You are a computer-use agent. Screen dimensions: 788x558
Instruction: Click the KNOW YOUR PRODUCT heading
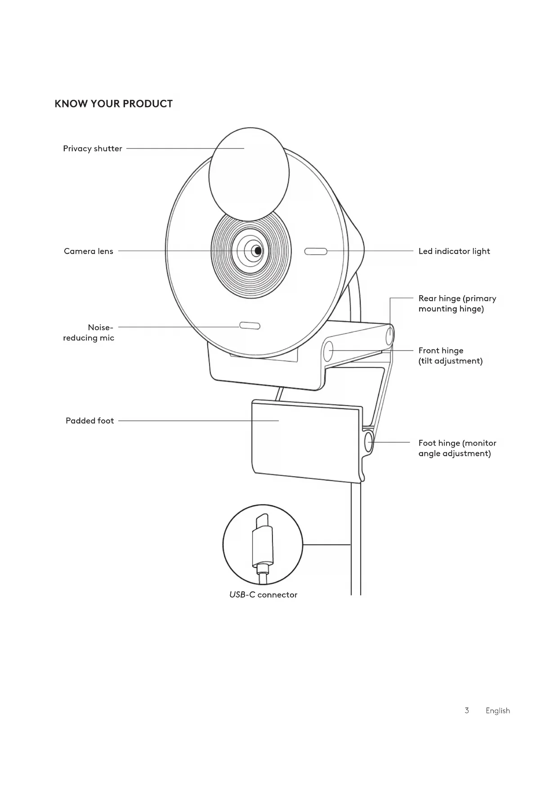point(113,104)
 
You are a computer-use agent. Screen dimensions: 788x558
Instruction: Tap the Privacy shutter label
point(92,149)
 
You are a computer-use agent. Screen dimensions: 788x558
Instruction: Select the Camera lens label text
point(88,251)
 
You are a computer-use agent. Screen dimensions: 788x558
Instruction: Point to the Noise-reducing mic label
point(89,332)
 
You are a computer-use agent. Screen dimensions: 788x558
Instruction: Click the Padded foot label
point(89,421)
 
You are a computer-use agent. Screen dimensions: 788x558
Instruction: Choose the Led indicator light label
point(454,251)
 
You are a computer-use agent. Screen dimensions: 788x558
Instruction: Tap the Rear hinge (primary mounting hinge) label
point(457,303)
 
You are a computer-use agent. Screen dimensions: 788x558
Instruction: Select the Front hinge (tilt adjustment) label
point(450,355)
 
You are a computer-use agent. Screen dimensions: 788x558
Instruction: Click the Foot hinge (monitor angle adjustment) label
point(457,448)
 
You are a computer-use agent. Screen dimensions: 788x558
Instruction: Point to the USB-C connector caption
point(263,595)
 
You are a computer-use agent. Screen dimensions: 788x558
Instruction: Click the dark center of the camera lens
point(257,251)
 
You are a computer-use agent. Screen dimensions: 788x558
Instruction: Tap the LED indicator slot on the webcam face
point(316,251)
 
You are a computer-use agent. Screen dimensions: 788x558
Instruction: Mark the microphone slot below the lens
point(250,326)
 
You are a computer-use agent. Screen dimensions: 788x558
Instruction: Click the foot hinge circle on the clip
point(369,442)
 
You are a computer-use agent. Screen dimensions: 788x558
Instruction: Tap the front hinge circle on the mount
point(328,350)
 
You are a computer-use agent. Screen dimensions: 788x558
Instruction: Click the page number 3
point(467,710)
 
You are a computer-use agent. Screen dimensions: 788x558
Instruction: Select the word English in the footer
point(497,710)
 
